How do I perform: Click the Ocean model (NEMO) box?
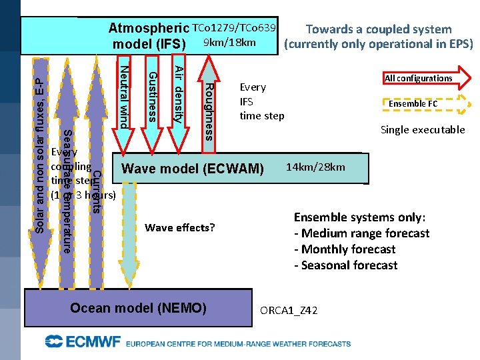[x=139, y=308]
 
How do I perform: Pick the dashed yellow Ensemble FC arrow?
[x=413, y=104]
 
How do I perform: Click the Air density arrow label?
[x=178, y=94]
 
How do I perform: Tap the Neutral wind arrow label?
[x=123, y=93]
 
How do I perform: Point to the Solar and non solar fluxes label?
[x=40, y=147]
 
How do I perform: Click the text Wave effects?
[x=179, y=228]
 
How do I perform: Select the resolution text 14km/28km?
[x=315, y=167]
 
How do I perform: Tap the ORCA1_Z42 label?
[x=289, y=311]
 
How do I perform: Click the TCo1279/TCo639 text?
[x=233, y=29]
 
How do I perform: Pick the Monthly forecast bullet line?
[x=345, y=249]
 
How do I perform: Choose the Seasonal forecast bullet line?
[x=345, y=265]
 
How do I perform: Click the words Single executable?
[x=422, y=130]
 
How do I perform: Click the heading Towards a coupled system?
[x=378, y=29]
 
